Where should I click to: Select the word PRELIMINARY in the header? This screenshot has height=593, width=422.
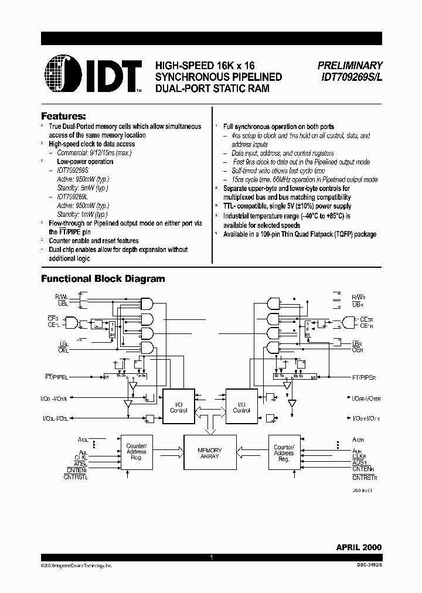tap(350, 66)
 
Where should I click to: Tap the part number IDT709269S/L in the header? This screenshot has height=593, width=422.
tap(350, 77)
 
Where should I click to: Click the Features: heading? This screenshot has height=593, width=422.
tap(63, 116)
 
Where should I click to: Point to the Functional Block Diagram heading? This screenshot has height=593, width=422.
tap(103, 279)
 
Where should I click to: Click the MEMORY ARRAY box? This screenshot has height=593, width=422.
tap(209, 453)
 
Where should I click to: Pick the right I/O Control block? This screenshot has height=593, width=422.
tap(241, 407)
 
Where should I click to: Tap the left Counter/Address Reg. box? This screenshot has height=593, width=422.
tap(137, 452)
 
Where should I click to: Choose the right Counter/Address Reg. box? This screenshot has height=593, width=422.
tap(284, 452)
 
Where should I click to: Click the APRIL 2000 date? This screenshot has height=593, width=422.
tap(359, 547)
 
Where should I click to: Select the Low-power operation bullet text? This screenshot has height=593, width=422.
tap(85, 161)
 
